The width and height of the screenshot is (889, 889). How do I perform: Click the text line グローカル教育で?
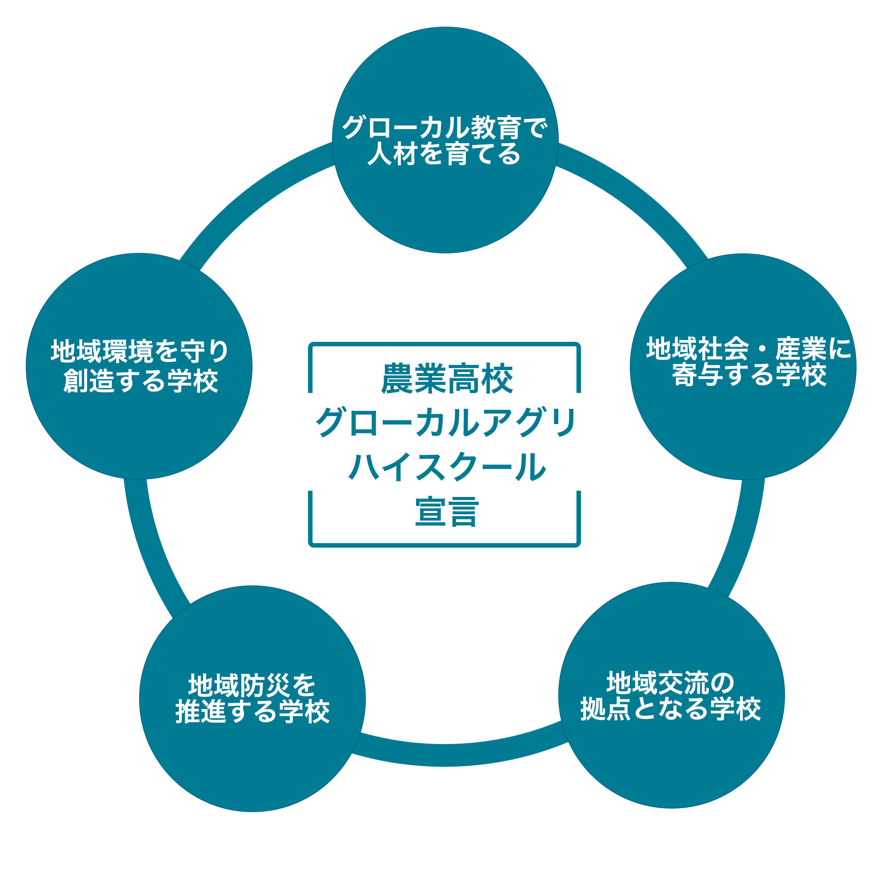pyautogui.click(x=444, y=128)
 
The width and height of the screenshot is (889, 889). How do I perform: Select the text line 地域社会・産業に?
pyautogui.click(x=749, y=349)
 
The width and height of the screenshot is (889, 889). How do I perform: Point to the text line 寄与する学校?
pyautogui.click(x=749, y=376)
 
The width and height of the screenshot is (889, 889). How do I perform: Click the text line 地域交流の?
pyautogui.click(x=670, y=683)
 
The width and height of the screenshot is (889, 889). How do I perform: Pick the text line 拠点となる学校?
pyautogui.click(x=670, y=709)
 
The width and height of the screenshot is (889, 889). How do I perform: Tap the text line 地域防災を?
pyautogui.click(x=252, y=685)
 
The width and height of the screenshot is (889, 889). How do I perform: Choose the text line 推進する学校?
pyautogui.click(x=252, y=712)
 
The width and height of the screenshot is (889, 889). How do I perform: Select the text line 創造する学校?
pyautogui.click(x=140, y=380)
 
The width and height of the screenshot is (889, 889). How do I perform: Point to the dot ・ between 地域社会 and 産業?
pyautogui.click(x=761, y=349)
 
